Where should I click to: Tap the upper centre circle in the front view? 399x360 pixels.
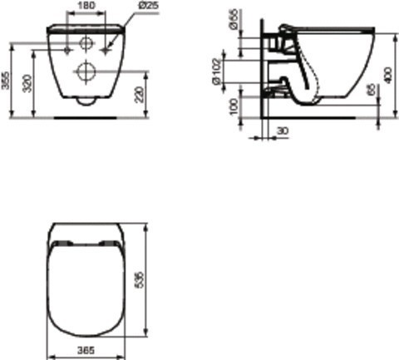(x=85, y=43)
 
